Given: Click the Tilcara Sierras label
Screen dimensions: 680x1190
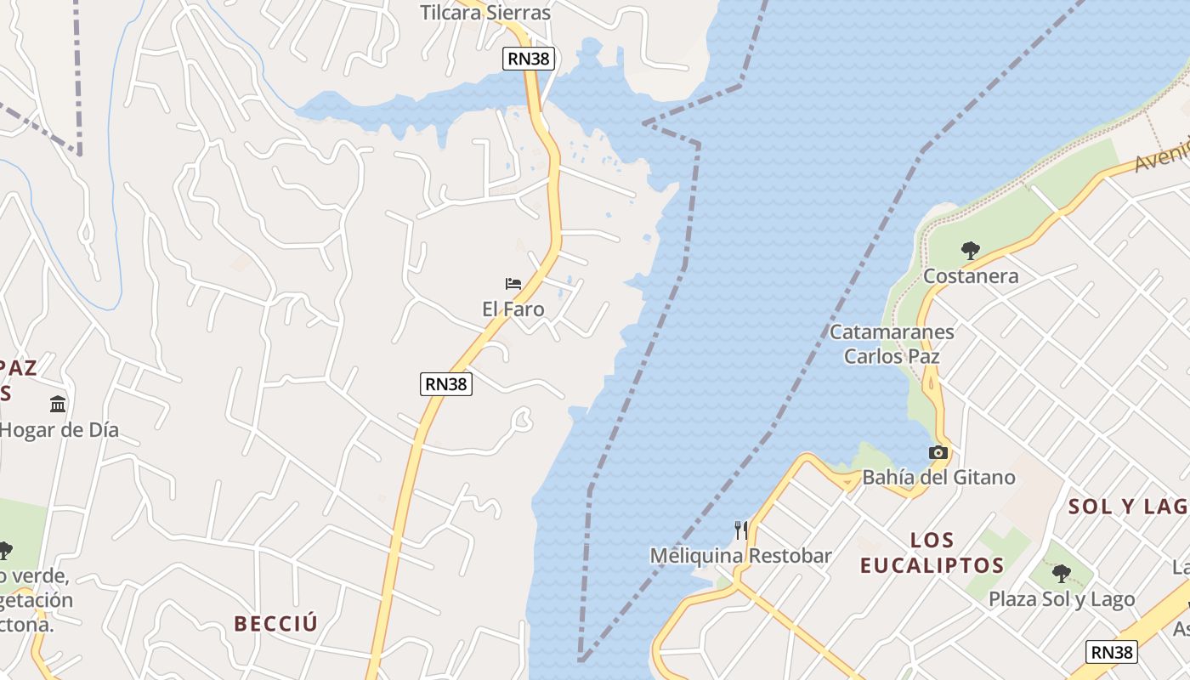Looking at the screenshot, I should coord(485,13).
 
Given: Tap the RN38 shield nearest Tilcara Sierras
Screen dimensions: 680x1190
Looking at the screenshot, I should coord(529,59).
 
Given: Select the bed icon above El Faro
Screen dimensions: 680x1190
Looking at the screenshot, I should coord(513,283).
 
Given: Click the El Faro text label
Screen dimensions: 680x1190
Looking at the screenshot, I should coord(513,309).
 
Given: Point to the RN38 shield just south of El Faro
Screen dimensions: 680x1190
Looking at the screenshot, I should coord(446,384).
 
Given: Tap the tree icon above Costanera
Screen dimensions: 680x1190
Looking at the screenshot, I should coord(970,251).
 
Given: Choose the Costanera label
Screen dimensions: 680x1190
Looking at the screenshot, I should coord(970,276).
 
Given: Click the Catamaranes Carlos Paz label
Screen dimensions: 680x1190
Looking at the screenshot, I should coord(892,344).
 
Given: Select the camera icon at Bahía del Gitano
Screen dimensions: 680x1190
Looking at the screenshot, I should coord(938,453).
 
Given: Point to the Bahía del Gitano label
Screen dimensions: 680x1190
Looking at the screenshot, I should coord(938,478).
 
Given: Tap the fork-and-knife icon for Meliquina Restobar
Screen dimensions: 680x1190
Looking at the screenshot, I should coord(741,530).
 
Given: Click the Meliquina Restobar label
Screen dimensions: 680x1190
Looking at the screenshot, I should coord(741,556).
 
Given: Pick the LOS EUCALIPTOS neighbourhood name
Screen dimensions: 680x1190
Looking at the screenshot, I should coord(932,552).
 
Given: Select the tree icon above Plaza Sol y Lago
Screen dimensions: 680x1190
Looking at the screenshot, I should coord(1061,574).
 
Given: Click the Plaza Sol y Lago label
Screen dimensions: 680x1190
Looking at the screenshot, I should coord(1061,599).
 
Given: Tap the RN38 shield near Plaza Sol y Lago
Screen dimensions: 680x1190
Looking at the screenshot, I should coord(1112,652).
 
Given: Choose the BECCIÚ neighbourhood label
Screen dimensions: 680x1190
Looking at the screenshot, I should coord(276,624).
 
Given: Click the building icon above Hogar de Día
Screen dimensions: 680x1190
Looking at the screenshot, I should coord(58,404).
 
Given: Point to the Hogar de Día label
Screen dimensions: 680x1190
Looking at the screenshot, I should coord(59,430).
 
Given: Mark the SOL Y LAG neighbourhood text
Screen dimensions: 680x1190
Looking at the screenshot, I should coord(1127,507).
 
